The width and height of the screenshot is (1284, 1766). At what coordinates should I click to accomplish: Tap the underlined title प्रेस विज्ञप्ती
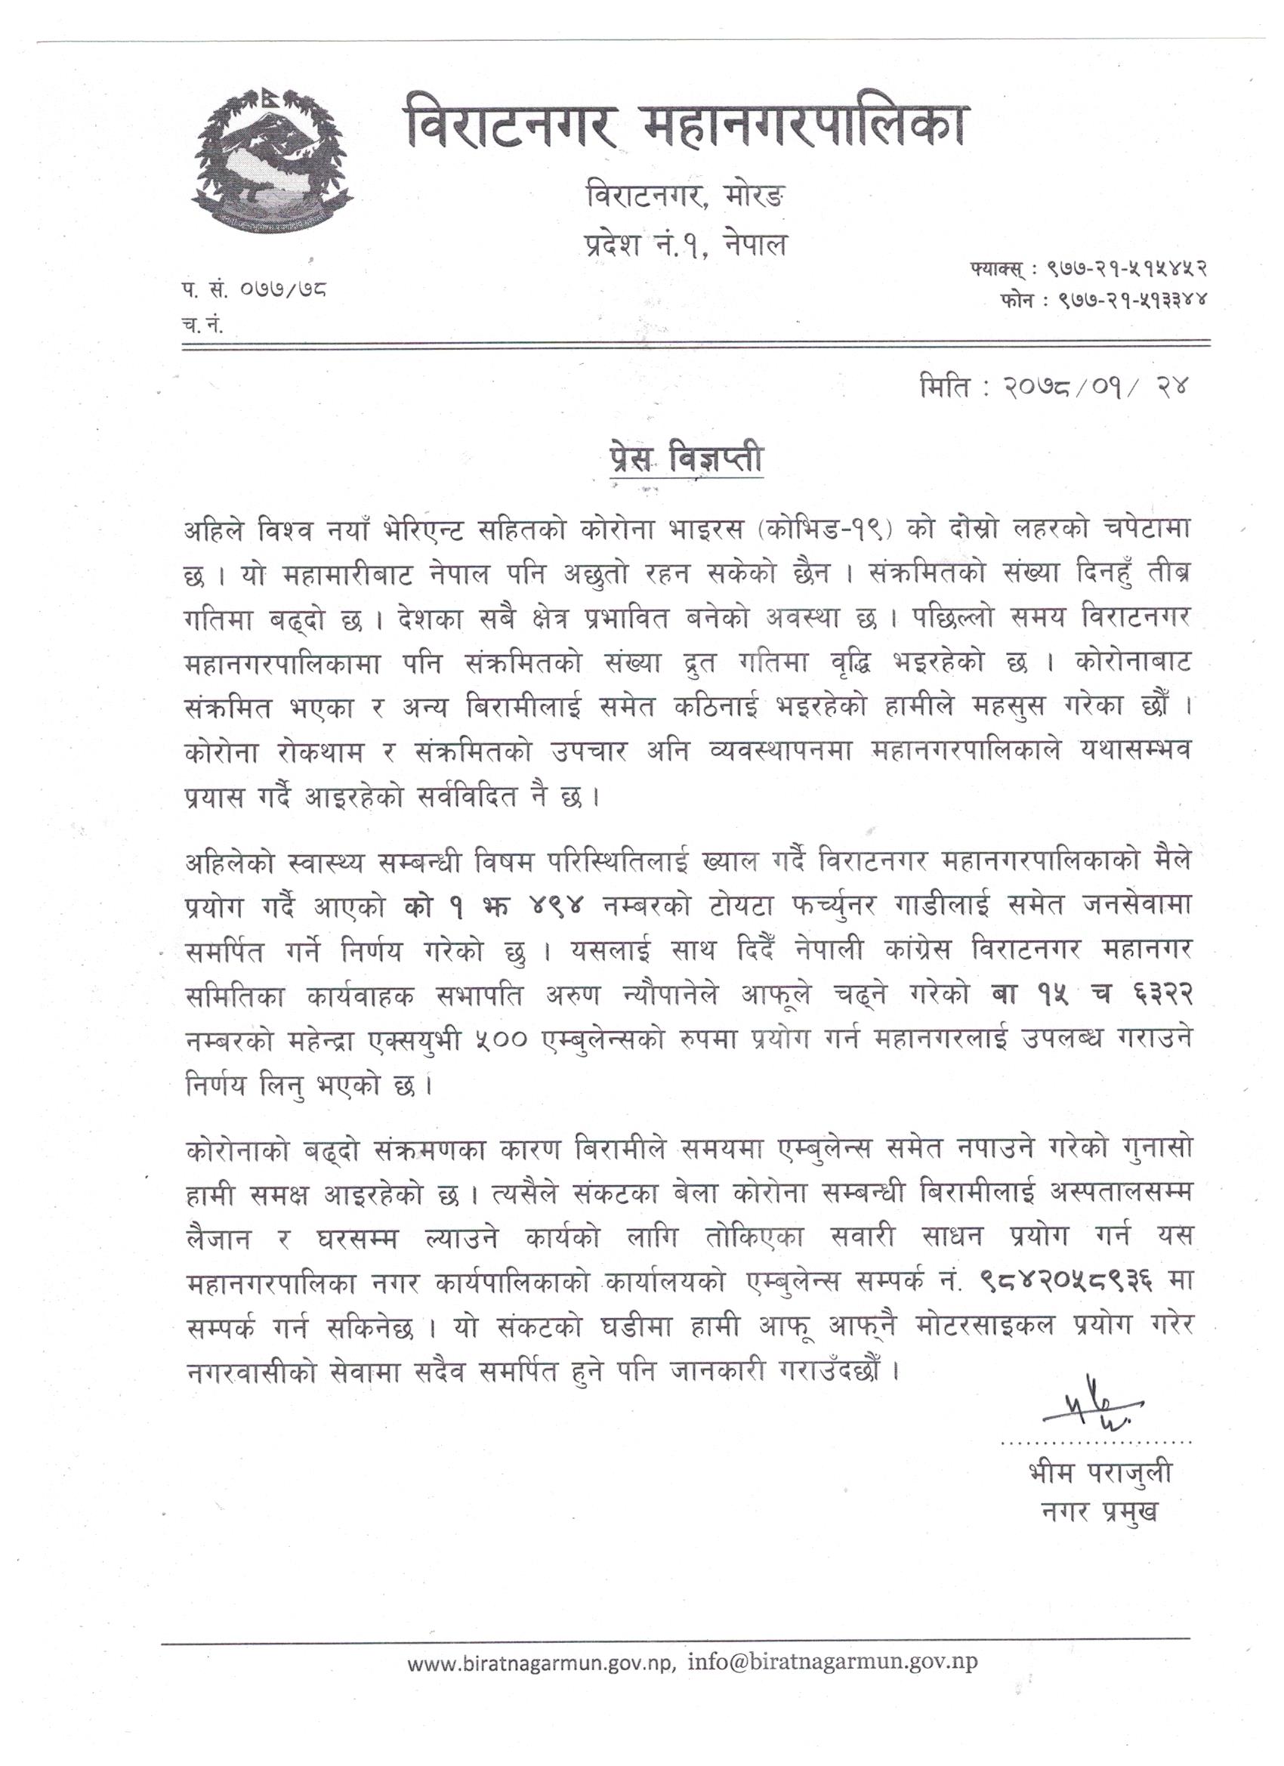point(685,458)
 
